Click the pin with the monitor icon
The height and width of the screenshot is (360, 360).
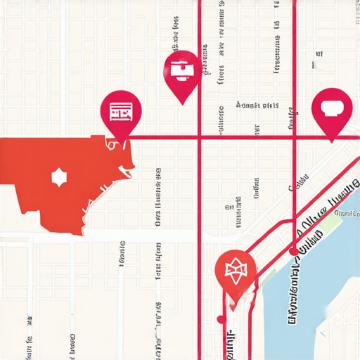[x=182, y=70]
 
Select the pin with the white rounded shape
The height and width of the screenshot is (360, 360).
[x=331, y=108]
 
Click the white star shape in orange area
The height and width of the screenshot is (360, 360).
[x=58, y=177]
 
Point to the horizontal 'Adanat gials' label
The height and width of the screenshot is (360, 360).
[x=257, y=105]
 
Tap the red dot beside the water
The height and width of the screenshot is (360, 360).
[x=292, y=251]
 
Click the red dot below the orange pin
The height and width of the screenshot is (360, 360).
[x=221, y=319]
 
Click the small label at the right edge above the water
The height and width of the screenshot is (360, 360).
[x=347, y=212]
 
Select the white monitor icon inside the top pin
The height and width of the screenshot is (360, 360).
[x=182, y=68]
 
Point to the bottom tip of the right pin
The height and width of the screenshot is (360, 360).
[x=331, y=141]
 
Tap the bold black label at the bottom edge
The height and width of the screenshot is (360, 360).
[x=231, y=345]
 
